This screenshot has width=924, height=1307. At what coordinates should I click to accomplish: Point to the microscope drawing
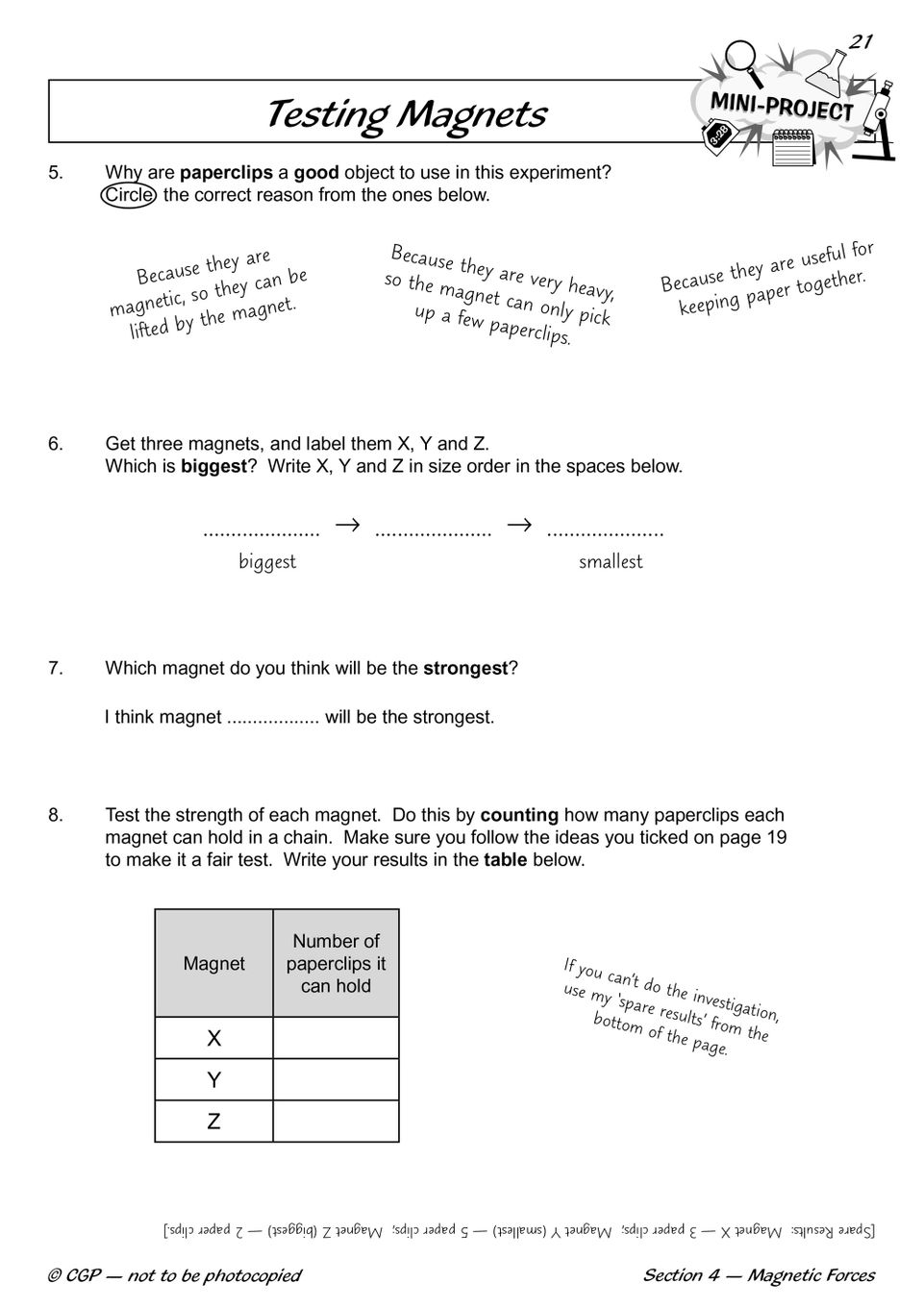tap(878, 120)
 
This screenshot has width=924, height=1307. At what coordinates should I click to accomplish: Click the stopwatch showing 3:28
tap(719, 136)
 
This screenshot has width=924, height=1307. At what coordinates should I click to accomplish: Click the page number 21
tap(861, 40)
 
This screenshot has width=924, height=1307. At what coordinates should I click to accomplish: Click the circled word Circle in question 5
tap(129, 195)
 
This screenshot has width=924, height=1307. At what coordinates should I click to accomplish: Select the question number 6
tap(56, 444)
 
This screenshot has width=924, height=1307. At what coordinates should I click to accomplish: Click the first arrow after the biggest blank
tap(347, 525)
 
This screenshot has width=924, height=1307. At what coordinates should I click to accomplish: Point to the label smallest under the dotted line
tap(611, 562)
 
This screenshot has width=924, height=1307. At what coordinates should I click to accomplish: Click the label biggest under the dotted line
tap(267, 562)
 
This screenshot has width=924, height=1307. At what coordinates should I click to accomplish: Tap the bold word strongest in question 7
tap(464, 669)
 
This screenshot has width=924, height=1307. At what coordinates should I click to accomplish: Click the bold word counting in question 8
tap(519, 815)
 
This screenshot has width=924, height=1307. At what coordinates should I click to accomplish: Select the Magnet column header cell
tap(214, 963)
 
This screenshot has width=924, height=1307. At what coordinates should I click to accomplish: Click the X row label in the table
tap(214, 1038)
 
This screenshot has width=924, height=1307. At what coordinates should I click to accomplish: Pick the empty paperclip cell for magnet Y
tap(336, 1080)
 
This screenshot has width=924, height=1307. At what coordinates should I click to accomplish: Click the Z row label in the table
tap(214, 1122)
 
